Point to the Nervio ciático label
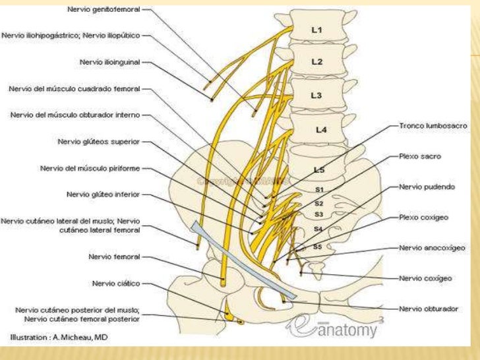pyautogui.click(x=117, y=284)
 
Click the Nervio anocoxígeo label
pyautogui.click(x=432, y=247)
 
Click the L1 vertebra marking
pyautogui.click(x=317, y=30)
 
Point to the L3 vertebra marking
pyautogui.click(x=317, y=96)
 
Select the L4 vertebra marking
pyautogui.click(x=321, y=130)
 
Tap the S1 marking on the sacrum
pyautogui.click(x=319, y=189)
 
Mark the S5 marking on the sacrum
pyautogui.click(x=317, y=247)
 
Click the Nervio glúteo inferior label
pyautogui.click(x=107, y=195)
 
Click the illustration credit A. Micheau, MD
pyautogui.click(x=59, y=337)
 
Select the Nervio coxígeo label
pyautogui.click(x=425, y=278)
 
